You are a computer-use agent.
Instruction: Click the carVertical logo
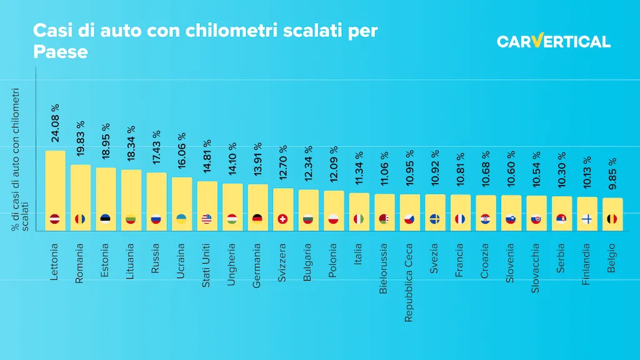553,42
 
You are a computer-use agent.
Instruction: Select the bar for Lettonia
55,187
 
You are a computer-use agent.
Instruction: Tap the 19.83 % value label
81,141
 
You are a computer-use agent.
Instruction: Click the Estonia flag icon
106,219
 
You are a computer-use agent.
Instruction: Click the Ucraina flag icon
182,219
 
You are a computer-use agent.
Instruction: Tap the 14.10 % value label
232,160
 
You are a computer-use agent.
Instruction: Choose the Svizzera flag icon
283,219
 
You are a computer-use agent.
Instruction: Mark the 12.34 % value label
308,166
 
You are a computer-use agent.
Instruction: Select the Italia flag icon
359,219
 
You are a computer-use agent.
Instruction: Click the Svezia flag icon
435,219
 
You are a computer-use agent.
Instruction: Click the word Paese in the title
60,52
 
